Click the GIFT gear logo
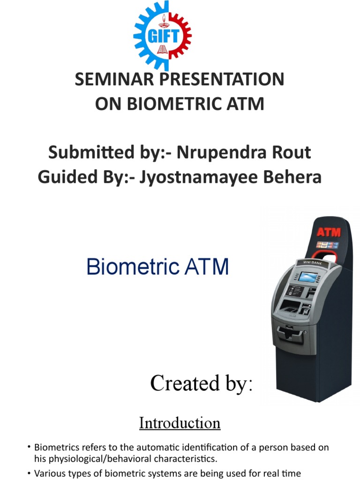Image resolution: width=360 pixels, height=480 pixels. pyautogui.click(x=162, y=35)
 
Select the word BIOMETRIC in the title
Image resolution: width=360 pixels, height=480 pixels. pyautogui.click(x=180, y=104)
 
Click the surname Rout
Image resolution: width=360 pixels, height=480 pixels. pyautogui.click(x=293, y=153)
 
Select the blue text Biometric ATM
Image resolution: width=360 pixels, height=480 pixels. pyautogui.click(x=157, y=268)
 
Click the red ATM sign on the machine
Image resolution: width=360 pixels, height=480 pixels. pyautogui.click(x=329, y=232)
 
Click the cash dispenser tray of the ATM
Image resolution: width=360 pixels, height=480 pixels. pyautogui.click(x=289, y=334)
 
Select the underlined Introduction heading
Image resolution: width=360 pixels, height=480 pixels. pyautogui.click(x=180, y=423)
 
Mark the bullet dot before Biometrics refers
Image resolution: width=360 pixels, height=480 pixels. pyautogui.click(x=29, y=448)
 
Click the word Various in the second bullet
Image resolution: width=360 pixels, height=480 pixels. pyautogui.click(x=49, y=473)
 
